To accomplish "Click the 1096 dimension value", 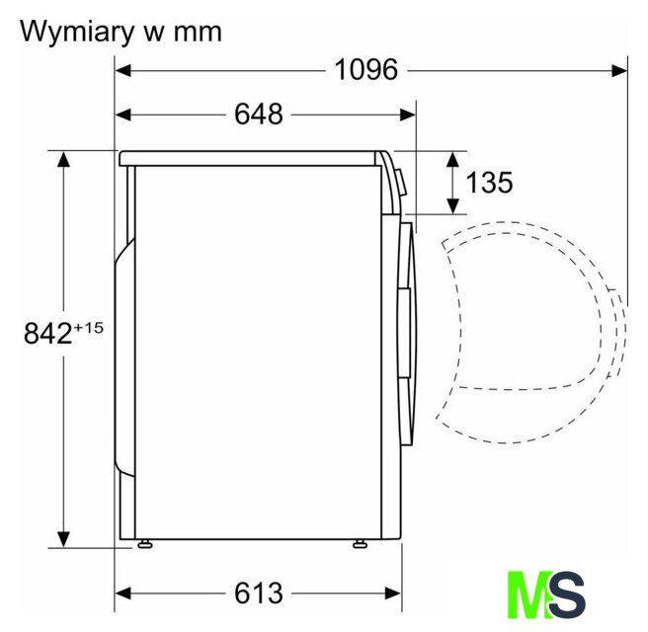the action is tap(366, 69).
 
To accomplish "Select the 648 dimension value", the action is tap(259, 114).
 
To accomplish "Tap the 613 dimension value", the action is tap(259, 593).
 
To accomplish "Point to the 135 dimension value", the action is tap(489, 182).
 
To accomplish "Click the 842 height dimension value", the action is tap(48, 333).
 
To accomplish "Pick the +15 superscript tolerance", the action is tap(88, 328).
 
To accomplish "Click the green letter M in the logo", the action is tap(530, 594).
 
